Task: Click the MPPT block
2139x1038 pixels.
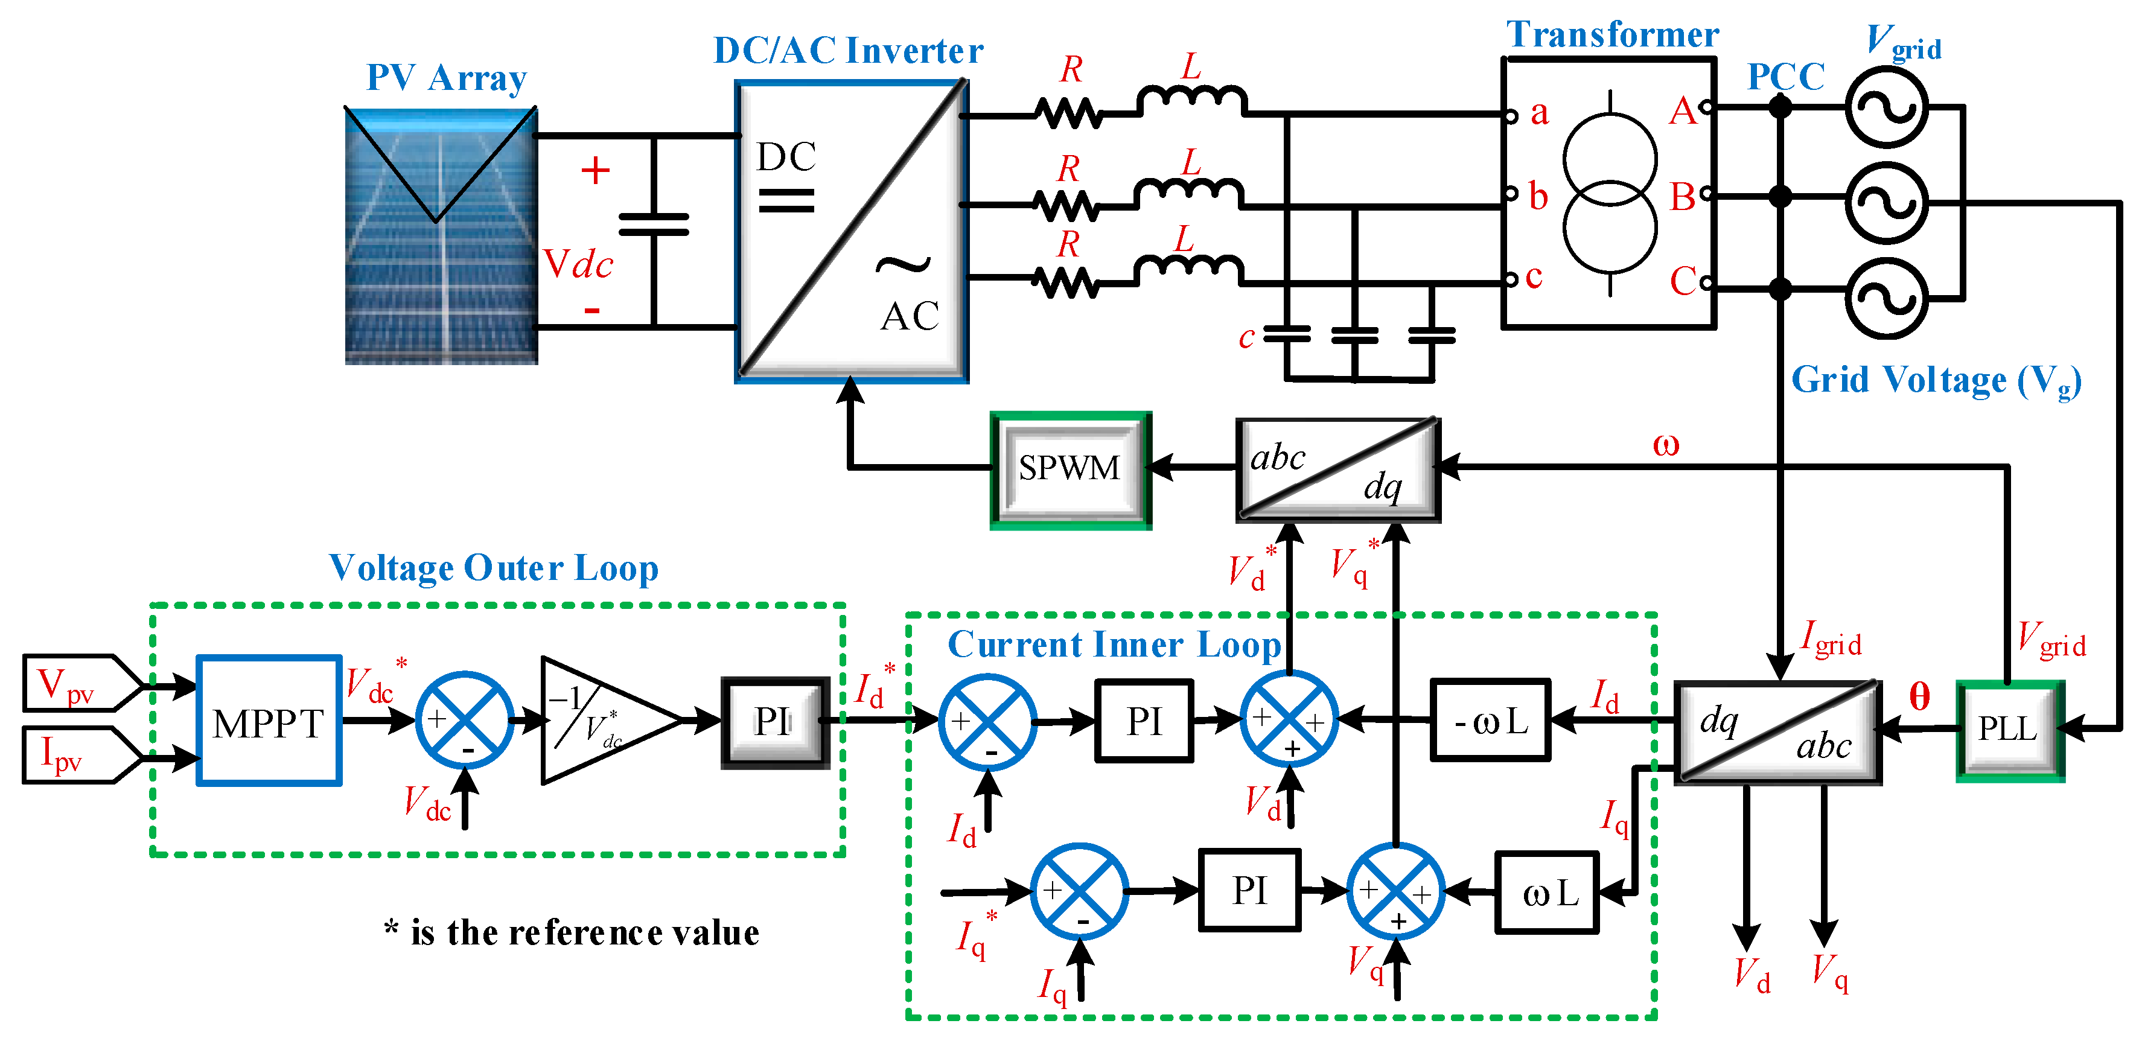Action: pyautogui.click(x=268, y=721)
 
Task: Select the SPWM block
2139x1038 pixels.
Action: pyautogui.click(x=1069, y=469)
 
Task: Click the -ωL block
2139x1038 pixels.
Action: pyautogui.click(x=1490, y=721)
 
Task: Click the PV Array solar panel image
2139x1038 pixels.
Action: pyautogui.click(x=441, y=237)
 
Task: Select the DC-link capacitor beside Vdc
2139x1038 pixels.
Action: pyautogui.click(x=654, y=224)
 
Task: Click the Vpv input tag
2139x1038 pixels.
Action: pyautogui.click(x=79, y=683)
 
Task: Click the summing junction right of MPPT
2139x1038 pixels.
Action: pyautogui.click(x=464, y=720)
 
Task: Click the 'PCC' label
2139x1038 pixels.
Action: pyautogui.click(x=1785, y=77)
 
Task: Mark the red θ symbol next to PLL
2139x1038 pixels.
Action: pyautogui.click(x=1919, y=696)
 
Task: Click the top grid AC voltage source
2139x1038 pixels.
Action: pyautogui.click(x=1886, y=108)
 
